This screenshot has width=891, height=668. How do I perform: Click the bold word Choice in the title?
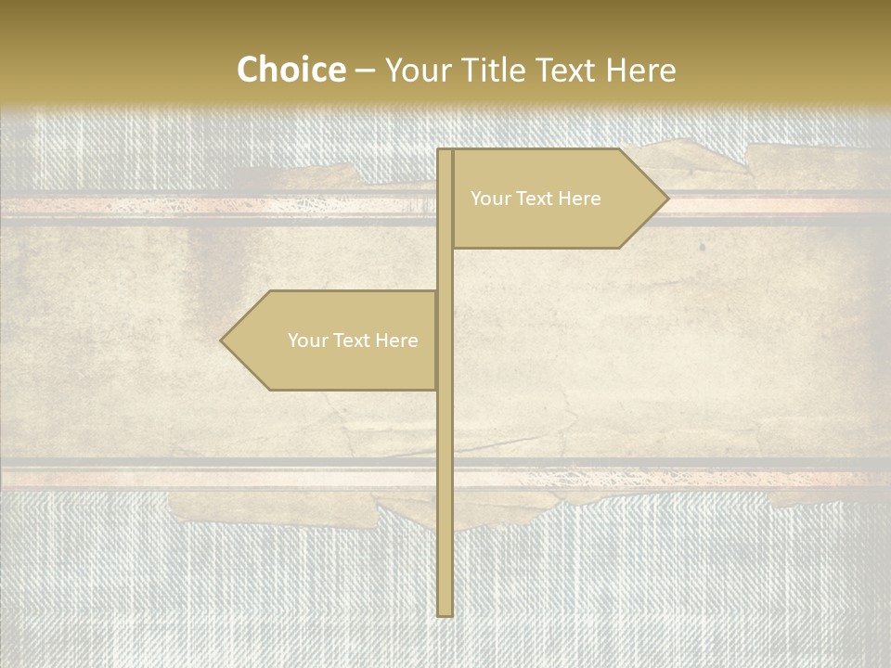(x=291, y=71)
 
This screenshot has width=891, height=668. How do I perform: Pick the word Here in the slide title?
(x=640, y=71)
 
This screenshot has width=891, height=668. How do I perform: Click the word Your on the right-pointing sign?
(x=490, y=199)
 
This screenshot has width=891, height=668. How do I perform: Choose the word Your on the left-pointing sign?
(x=307, y=340)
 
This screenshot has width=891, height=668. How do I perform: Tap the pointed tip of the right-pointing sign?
(x=665, y=198)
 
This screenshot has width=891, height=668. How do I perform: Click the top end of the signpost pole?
(x=445, y=151)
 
